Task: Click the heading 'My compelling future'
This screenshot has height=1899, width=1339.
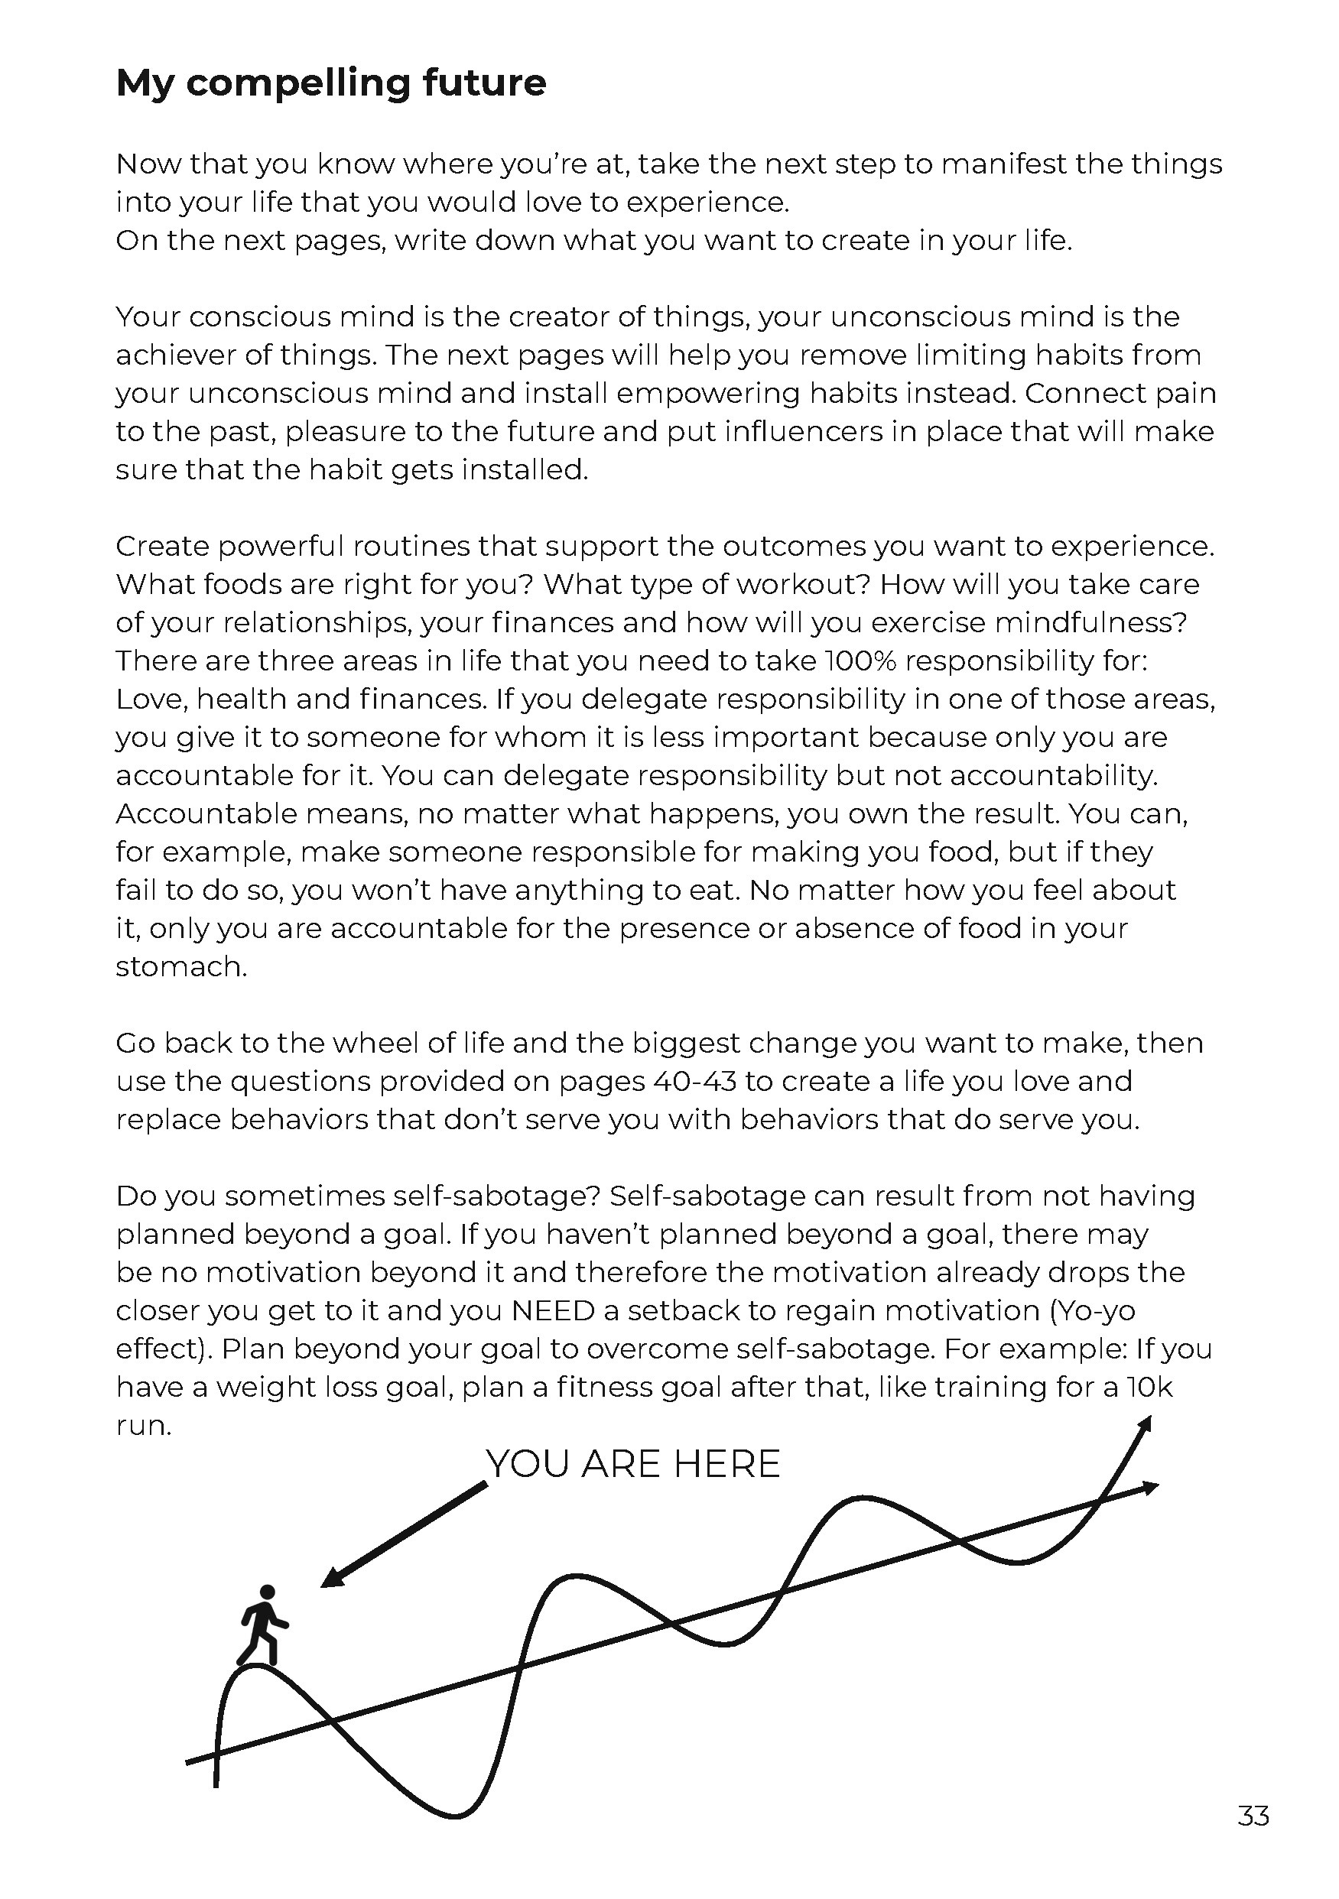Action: pos(331,83)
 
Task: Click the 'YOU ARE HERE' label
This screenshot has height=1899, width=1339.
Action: pos(633,1465)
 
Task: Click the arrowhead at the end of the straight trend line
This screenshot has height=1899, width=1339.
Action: pos(1149,1488)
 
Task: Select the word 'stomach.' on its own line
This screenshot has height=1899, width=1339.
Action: pos(181,967)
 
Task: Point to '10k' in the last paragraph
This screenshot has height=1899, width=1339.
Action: pos(1149,1387)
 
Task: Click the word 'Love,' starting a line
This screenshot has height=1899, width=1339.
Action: pos(152,700)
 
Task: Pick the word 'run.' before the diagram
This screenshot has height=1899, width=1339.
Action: pos(143,1426)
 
